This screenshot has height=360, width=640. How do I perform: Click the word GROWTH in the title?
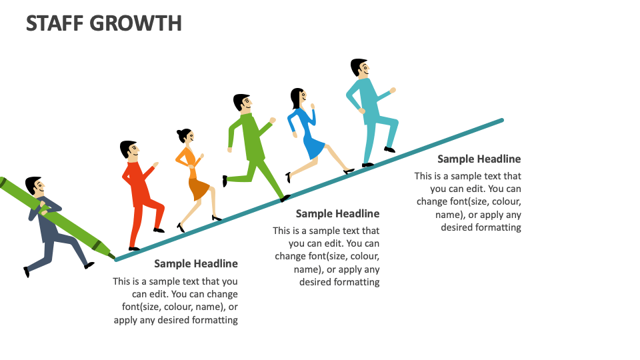[141, 23]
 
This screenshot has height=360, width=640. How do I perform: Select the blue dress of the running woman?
[309, 133]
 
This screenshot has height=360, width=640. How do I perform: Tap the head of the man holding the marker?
[34, 187]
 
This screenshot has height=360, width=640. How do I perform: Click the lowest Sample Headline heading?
[196, 263]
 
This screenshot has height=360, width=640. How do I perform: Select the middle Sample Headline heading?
[337, 213]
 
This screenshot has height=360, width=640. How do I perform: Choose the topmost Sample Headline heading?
[479, 159]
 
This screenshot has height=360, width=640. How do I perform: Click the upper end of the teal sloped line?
[501, 121]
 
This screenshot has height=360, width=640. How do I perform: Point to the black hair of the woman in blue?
[296, 97]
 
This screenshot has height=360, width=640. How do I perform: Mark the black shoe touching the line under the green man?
[285, 198]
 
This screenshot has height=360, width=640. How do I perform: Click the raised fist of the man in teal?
[393, 90]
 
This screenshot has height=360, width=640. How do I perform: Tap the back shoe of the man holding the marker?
[27, 272]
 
